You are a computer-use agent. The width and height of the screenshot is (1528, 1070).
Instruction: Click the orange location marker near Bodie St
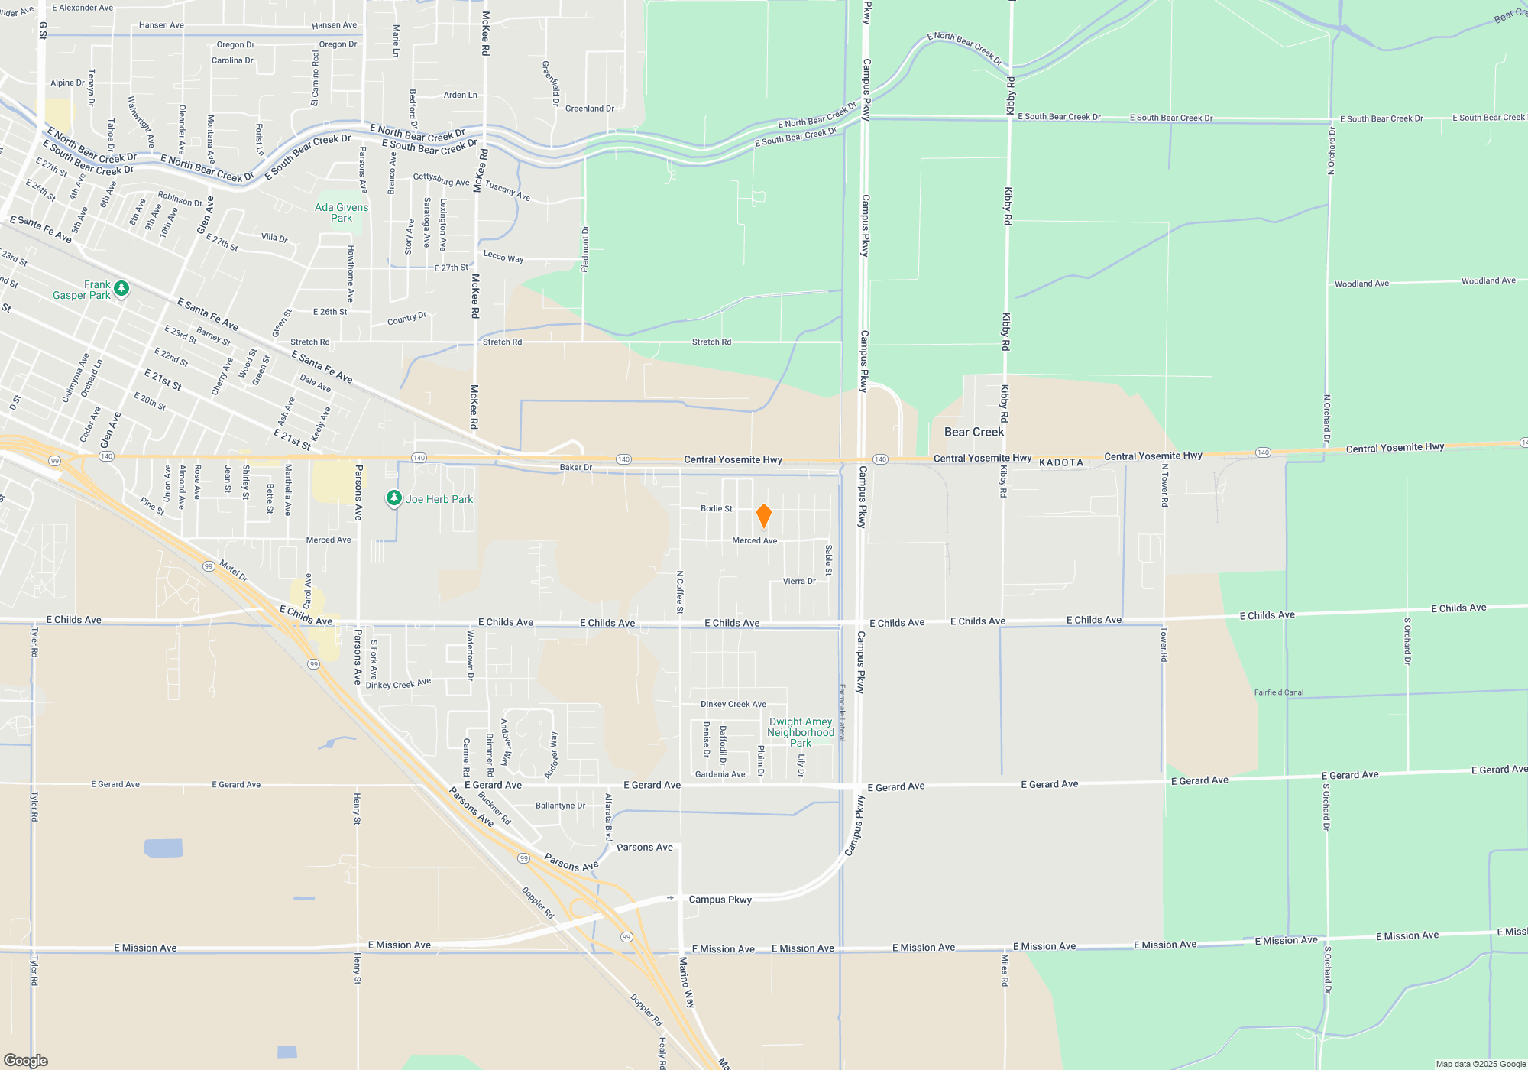point(763,516)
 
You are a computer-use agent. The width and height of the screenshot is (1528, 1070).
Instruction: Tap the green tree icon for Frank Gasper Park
point(121,289)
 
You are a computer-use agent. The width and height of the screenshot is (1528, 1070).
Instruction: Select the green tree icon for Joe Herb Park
point(393,498)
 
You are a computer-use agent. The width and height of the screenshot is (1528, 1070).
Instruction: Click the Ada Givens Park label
point(342,212)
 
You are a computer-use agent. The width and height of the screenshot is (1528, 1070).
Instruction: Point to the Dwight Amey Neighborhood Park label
point(800,732)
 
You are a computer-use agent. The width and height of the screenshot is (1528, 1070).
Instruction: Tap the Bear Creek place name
point(974,432)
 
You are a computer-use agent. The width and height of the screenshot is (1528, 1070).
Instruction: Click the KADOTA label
point(1061,462)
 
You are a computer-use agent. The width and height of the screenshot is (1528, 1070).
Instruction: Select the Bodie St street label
point(717,508)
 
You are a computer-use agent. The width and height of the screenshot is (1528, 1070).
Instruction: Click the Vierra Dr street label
point(799,581)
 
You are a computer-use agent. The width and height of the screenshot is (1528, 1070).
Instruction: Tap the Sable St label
point(828,559)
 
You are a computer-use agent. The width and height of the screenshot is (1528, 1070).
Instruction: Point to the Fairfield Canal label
point(1279,692)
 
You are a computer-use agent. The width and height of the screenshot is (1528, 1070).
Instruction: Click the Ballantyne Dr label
point(560,806)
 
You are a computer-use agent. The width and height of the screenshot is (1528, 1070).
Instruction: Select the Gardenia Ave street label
point(720,774)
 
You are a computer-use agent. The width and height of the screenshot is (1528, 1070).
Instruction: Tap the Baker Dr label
point(575,467)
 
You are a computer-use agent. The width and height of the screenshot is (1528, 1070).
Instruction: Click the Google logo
point(26,1061)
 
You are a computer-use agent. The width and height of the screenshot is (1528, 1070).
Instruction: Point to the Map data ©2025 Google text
point(1480,1064)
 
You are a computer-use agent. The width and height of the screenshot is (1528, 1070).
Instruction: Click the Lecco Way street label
point(503,257)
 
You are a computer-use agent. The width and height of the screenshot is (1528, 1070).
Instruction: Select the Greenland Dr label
point(589,109)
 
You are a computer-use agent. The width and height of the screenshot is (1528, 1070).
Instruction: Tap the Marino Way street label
point(687,982)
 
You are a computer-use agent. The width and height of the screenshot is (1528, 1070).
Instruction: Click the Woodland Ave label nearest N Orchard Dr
point(1361,284)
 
